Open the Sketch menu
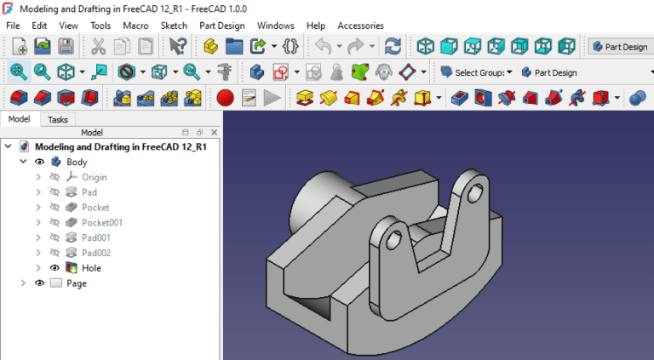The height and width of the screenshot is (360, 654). click(174, 26)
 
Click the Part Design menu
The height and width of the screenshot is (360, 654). click(221, 26)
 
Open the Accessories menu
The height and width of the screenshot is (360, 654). click(360, 26)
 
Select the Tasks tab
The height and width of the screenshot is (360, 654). click(57, 120)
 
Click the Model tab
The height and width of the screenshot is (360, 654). click(19, 120)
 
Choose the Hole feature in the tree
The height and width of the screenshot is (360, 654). click(91, 268)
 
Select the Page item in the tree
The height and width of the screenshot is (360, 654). click(77, 283)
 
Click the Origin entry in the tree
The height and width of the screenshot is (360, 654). click(94, 177)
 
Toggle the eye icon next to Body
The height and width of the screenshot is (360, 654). click(39, 162)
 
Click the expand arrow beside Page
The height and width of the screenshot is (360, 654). click(23, 283)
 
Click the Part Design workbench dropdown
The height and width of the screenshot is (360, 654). click(619, 47)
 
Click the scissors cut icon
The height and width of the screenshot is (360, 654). click(99, 47)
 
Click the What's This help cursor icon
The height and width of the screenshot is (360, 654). click(177, 47)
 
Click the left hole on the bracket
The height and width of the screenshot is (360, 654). click(392, 243)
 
